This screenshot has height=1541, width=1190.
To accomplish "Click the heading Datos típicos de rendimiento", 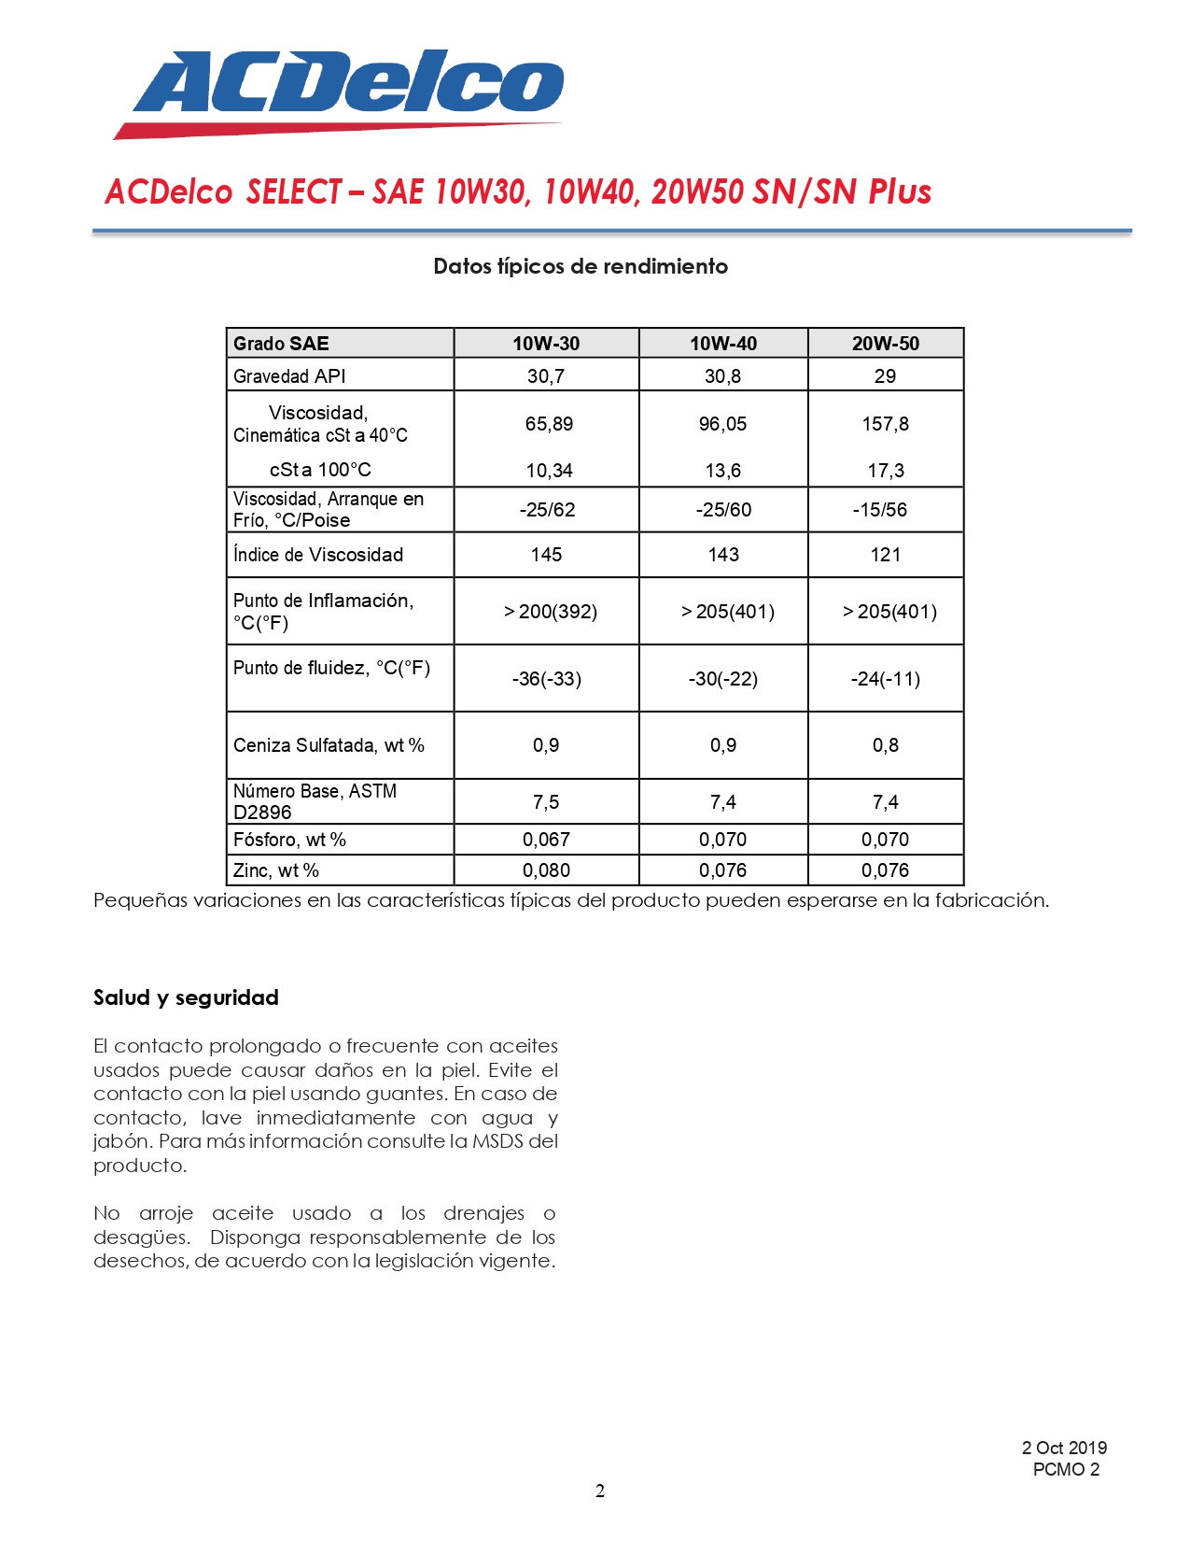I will pos(580,266).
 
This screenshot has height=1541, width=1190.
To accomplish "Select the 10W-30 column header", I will pos(546,344).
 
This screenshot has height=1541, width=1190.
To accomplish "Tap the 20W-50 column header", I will pos(885,344).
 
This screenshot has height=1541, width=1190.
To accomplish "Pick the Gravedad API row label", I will pos(289,376).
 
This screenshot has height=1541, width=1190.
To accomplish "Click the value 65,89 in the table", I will pos(549,424).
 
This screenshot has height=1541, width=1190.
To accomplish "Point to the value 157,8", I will pos(885,424).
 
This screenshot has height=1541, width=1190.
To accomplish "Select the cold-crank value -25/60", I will pos(723,510).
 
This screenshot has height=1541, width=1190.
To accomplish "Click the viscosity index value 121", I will pos(885,555).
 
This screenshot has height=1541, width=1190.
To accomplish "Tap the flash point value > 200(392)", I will pos(550,612).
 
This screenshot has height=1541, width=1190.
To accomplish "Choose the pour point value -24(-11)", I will pos(885,679).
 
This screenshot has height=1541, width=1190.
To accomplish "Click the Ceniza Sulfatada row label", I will pos(329,745).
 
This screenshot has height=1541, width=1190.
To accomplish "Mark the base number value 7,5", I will pos(546,802).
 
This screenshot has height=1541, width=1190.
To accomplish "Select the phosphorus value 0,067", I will pos(546,840).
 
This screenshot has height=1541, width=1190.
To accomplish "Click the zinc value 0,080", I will pos(546,870).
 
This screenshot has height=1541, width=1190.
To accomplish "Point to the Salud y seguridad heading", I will pos(186,997).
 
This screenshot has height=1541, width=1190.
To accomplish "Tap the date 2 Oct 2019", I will pos(1064,1448).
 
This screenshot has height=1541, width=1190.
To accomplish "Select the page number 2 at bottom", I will pos(600,1492).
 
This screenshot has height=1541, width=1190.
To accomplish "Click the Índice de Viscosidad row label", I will pos(318,555).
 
